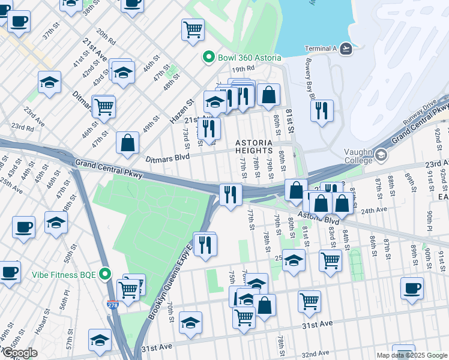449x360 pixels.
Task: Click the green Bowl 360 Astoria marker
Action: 209,57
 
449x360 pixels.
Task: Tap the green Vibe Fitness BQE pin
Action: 106,275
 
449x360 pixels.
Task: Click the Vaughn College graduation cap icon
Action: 381,156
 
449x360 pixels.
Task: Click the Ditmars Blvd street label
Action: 167,157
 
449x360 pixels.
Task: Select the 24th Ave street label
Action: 372,210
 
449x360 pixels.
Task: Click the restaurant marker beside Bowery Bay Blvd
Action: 322,111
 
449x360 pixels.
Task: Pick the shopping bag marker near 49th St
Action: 127,143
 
